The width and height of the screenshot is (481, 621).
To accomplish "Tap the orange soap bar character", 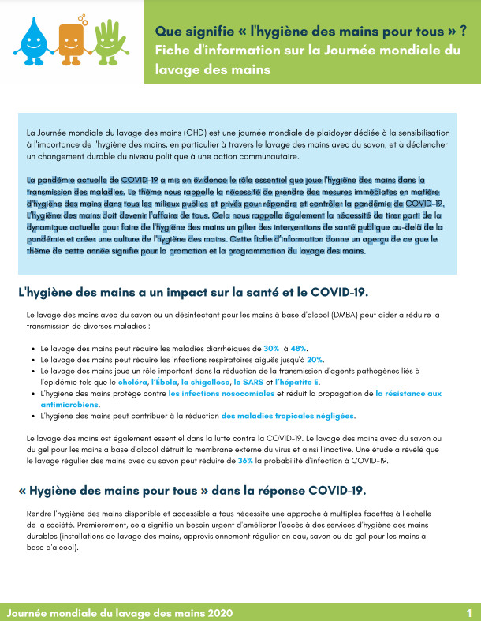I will [x=72, y=39].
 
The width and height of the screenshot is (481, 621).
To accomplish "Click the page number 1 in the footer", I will [x=469, y=612].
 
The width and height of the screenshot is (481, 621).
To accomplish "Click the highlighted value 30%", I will [x=271, y=348].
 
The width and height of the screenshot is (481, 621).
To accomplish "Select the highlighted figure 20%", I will [x=315, y=359].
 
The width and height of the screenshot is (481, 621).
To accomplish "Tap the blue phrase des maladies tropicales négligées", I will [x=288, y=415].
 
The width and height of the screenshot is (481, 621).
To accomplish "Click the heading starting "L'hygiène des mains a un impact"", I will [x=192, y=292].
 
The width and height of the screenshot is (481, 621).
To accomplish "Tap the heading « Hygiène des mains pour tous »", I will [x=192, y=490].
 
